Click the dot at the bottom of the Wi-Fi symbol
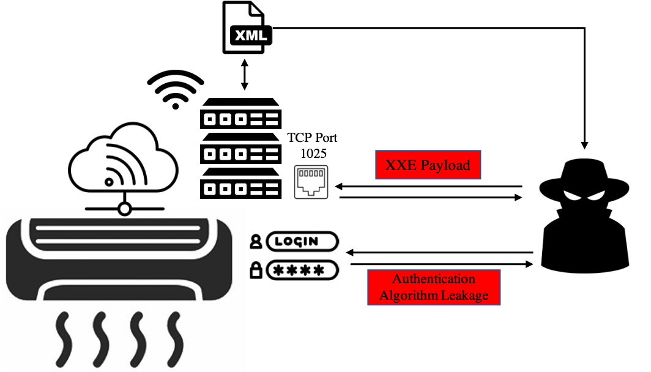pos(176,106)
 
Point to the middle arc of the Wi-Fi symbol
pos(176,84)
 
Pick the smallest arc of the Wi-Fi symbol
pos(176,95)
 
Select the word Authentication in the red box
pos(434,279)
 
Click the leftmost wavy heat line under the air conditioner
pos(63,338)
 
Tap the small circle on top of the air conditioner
pos(125,210)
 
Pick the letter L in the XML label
pos(261,35)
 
